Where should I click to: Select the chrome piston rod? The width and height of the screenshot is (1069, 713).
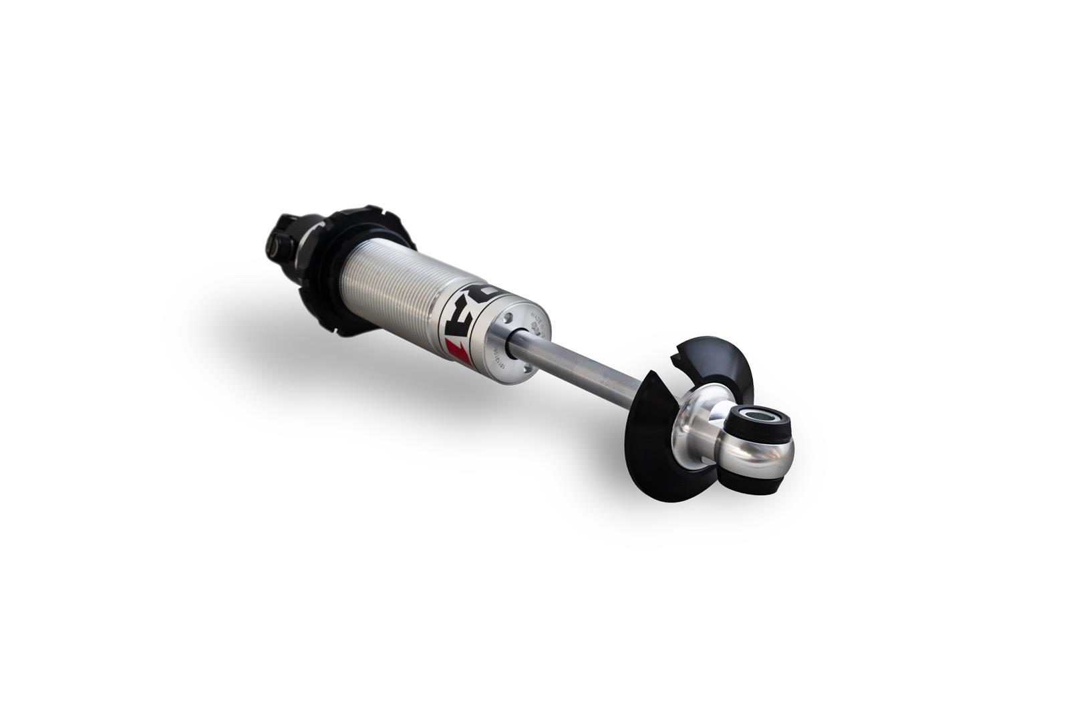point(575,371)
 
